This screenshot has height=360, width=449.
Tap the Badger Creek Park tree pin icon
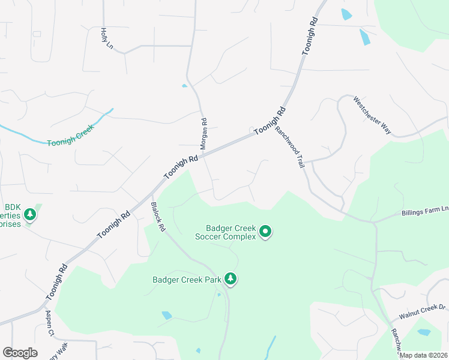click(x=230, y=278)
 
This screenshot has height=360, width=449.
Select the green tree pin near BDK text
click(x=29, y=214)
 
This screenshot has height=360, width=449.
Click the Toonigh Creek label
click(x=71, y=142)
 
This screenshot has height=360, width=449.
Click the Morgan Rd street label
click(x=203, y=133)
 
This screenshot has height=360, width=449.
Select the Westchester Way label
click(x=372, y=115)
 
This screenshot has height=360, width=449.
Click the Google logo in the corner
click(x=20, y=353)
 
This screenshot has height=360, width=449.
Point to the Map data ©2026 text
click(x=424, y=355)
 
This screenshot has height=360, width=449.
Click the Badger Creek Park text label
click(x=187, y=279)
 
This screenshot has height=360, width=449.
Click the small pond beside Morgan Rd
click(x=184, y=86)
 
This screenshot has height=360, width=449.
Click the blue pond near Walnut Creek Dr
click(x=424, y=332)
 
